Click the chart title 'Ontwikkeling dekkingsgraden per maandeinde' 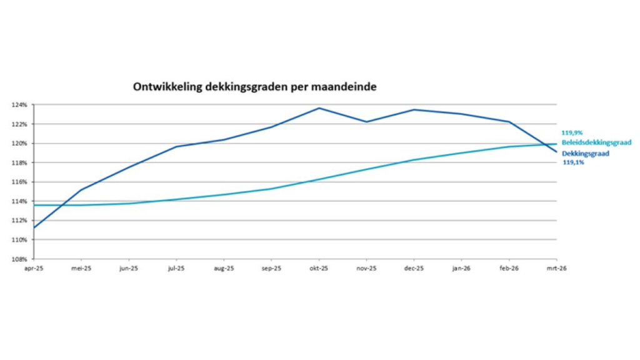tap(254, 87)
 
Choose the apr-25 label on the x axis tap(34, 268)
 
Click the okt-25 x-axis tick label tap(319, 268)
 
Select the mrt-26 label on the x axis tap(556, 268)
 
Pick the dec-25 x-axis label tap(414, 268)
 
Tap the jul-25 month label tap(176, 268)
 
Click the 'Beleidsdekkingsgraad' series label tap(596, 142)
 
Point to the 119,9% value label tap(572, 132)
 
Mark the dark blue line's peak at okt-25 tap(319, 108)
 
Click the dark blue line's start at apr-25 tap(34, 227)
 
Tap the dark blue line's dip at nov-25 tap(366, 122)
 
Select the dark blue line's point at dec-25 tap(414, 110)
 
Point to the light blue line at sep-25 tap(271, 189)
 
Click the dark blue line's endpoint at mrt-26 tap(556, 152)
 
